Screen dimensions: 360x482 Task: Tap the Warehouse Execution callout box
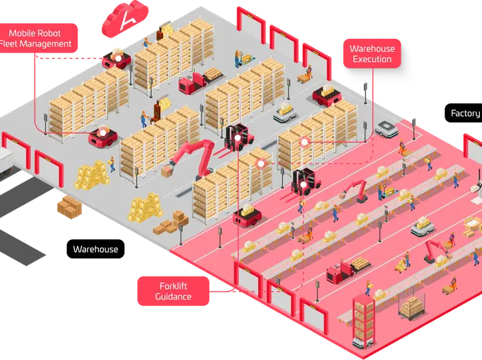370,54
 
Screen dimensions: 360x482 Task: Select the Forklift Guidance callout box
173,291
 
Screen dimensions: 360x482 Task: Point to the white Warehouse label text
96,249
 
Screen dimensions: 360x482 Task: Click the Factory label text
465,113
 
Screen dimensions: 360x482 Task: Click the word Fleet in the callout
14,44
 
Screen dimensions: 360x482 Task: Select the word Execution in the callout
371,60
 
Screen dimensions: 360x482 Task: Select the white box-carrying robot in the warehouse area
284,113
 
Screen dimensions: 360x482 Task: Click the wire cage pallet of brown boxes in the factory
411,307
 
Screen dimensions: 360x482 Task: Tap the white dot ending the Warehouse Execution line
305,143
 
